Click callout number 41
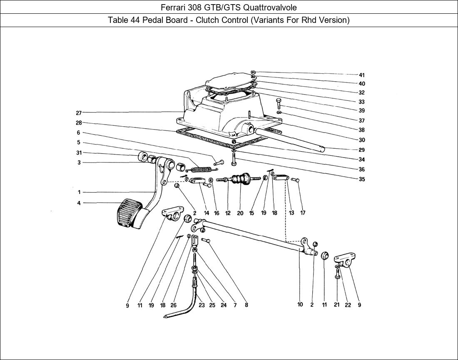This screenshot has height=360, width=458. click(361, 75)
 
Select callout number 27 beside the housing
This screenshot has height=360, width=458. click(79, 112)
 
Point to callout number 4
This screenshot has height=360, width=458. click(79, 203)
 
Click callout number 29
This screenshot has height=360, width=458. click(361, 150)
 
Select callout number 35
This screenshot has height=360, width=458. click(361, 180)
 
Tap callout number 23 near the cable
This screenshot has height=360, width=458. click(201, 305)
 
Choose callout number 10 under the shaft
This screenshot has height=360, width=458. click(300, 305)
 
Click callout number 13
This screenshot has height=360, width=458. click(291, 213)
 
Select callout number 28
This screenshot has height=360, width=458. click(79, 123)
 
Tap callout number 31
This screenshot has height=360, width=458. click(79, 152)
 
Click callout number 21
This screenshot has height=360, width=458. click(336, 305)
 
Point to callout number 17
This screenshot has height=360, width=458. click(303, 213)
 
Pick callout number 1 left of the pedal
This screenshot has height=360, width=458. click(79, 192)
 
